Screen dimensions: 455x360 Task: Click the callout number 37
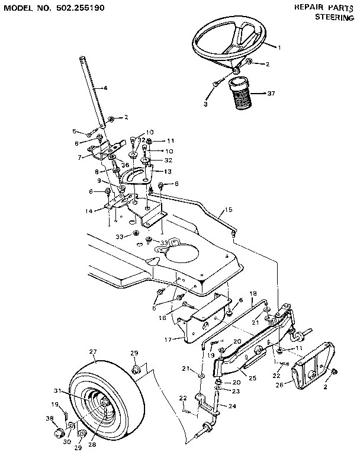coord(271,94)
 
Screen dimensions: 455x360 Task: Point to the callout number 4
coord(105,88)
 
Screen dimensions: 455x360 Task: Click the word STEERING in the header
coord(336,17)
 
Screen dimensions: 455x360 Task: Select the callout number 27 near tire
coord(92,352)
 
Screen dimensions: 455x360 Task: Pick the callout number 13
coord(168,171)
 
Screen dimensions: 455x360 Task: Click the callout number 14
coord(89,211)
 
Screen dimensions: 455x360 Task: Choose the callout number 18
coord(252,293)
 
